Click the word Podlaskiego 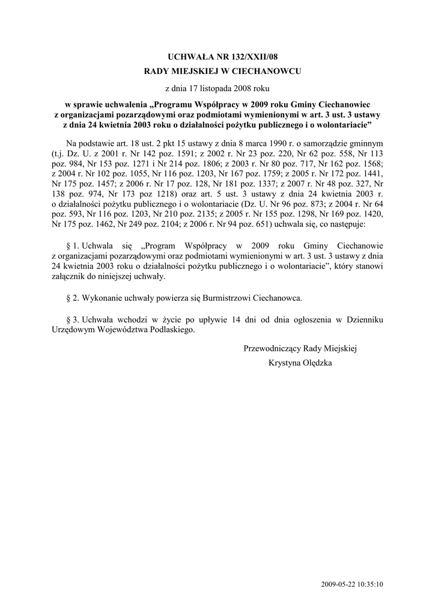172,330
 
